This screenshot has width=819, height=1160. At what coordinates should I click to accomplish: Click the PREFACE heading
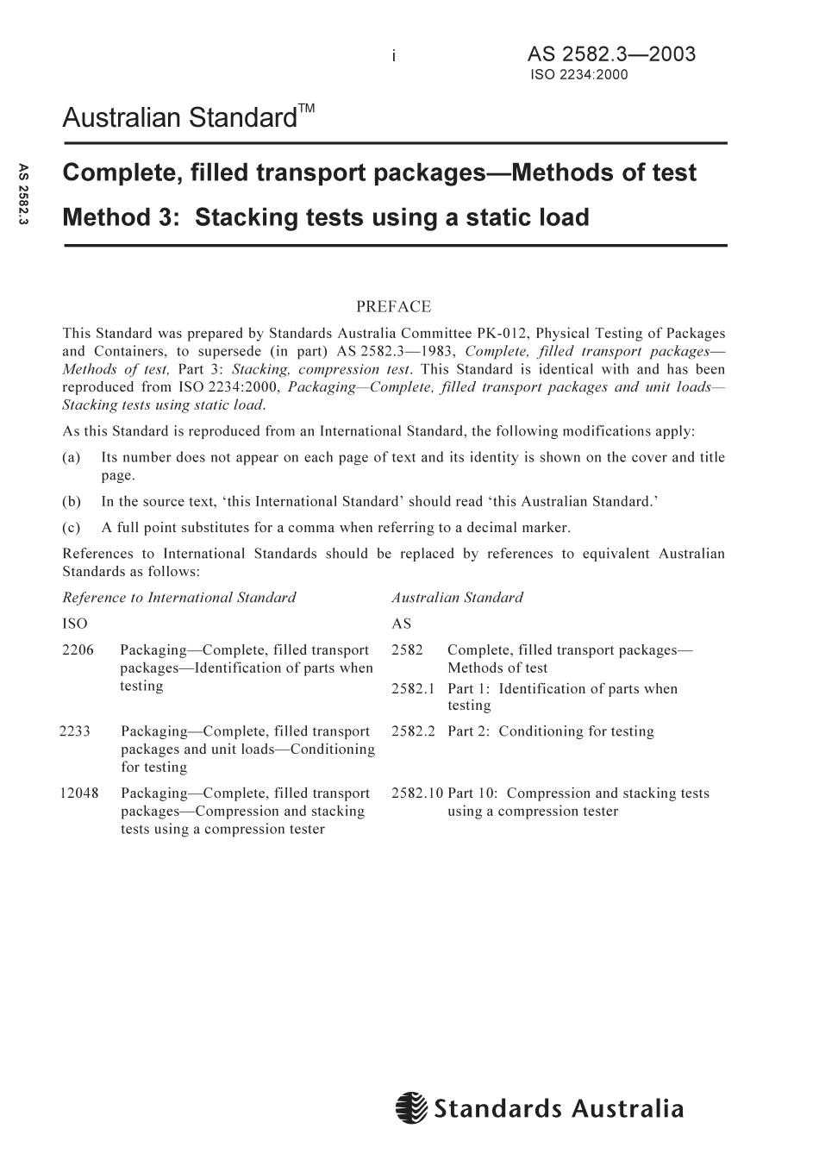pyautogui.click(x=393, y=306)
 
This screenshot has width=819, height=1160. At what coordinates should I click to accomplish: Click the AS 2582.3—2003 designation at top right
pyautogui.click(x=611, y=54)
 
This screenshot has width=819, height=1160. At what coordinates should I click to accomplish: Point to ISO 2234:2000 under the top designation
pyautogui.click(x=579, y=74)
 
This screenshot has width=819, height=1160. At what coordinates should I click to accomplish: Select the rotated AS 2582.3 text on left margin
pyautogui.click(x=23, y=195)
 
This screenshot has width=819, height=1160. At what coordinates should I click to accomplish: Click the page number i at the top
pyautogui.click(x=393, y=56)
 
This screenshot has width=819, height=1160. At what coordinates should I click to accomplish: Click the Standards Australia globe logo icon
pyautogui.click(x=412, y=1107)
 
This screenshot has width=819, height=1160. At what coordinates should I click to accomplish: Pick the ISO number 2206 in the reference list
pyautogui.click(x=78, y=650)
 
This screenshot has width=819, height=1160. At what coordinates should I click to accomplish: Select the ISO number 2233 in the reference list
pyautogui.click(x=75, y=731)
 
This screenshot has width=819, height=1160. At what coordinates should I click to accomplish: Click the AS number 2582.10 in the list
pyautogui.click(x=416, y=793)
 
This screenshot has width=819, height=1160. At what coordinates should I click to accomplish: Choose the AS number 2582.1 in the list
pyautogui.click(x=413, y=688)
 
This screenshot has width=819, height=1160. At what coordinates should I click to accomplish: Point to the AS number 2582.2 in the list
pyautogui.click(x=413, y=731)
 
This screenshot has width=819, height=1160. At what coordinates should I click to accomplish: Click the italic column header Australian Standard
pyautogui.click(x=457, y=597)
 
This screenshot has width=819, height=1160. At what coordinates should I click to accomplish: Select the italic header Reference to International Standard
pyautogui.click(x=178, y=597)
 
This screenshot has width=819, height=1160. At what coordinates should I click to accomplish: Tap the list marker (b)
pyautogui.click(x=72, y=501)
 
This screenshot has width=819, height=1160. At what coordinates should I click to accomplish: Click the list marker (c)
pyautogui.click(x=72, y=527)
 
